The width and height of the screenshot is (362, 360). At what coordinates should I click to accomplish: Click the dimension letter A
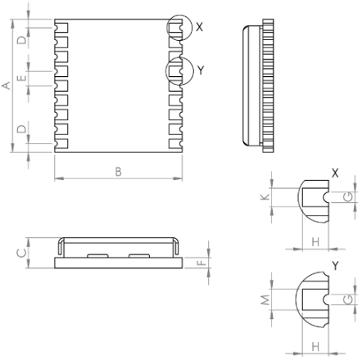coord(7,85)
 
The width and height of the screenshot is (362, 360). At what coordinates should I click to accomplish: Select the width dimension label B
coord(118,172)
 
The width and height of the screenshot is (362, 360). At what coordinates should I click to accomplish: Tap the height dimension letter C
coord(22,253)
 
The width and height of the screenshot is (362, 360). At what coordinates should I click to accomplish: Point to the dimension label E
coord(22,79)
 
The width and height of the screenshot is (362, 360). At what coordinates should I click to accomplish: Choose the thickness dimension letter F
coord(201,263)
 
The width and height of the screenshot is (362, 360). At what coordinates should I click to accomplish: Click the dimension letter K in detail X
coord(265,197)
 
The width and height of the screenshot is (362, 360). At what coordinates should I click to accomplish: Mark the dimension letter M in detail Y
coord(265,300)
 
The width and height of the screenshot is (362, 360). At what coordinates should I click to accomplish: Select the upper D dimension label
coord(22,40)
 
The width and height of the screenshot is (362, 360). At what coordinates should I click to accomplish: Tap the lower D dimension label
coord(22,129)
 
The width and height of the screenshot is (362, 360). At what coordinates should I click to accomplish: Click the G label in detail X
coord(348,197)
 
